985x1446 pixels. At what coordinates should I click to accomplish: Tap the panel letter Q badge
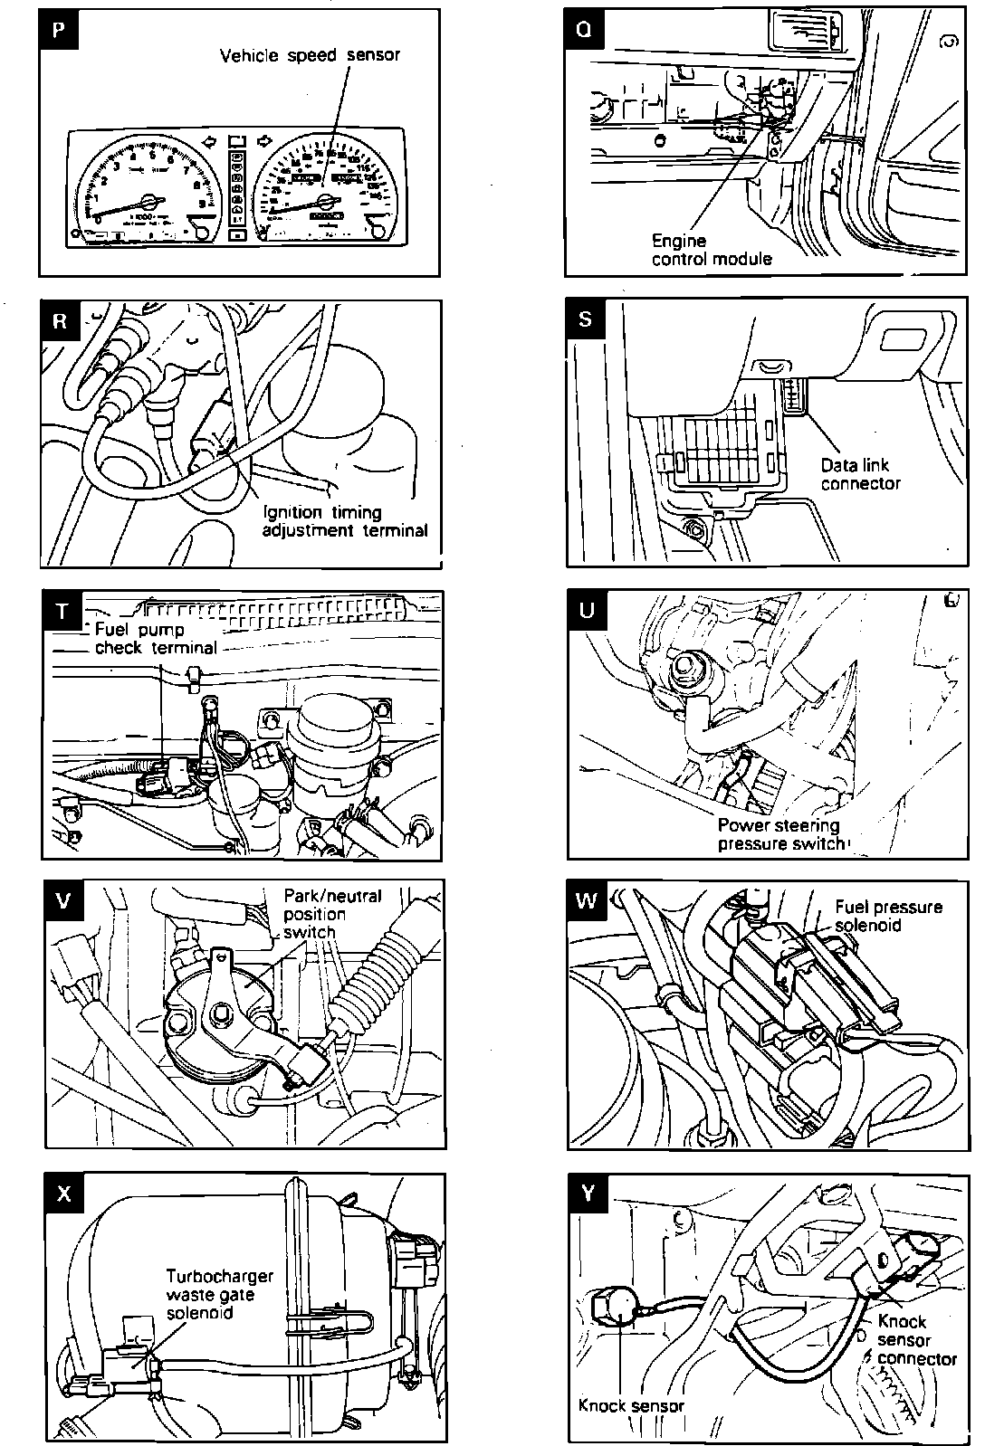coord(585,29)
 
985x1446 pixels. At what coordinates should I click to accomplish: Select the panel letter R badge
coord(61,321)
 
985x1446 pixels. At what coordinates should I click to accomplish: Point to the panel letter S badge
coord(586,319)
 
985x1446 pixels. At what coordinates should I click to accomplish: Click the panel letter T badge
coord(62,612)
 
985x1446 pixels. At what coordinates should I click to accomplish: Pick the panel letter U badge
coord(587,610)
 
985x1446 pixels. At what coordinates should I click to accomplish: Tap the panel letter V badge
coord(62,900)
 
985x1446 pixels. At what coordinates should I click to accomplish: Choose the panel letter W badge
coord(588,900)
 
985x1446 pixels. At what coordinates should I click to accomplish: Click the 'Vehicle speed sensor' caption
coord(310,55)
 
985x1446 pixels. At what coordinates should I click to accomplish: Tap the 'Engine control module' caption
coord(712,250)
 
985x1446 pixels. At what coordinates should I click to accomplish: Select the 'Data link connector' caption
coord(860,474)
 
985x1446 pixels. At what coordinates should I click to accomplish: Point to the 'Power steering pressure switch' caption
coord(780,834)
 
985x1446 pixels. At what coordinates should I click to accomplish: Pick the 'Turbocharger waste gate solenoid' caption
coord(219,1294)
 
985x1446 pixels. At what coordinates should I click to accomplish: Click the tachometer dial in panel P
coord(148,193)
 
